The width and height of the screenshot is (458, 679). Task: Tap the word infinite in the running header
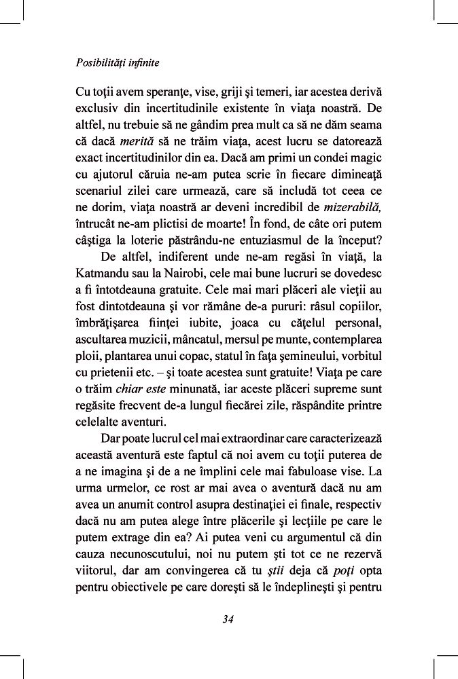click(x=145, y=63)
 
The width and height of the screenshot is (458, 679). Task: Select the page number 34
click(x=228, y=618)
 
